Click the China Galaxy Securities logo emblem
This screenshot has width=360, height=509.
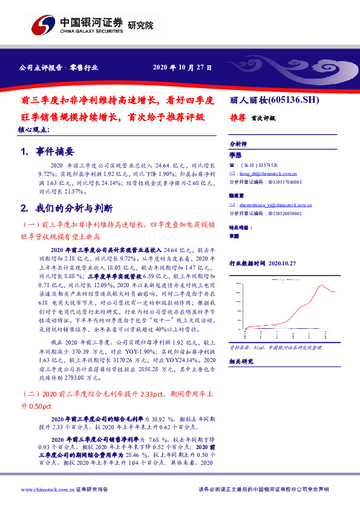tap(44, 25)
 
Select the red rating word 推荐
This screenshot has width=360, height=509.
tap(237, 118)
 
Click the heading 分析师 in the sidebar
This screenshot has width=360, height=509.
tap(238, 144)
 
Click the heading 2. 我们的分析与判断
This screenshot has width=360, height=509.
tap(67, 209)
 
